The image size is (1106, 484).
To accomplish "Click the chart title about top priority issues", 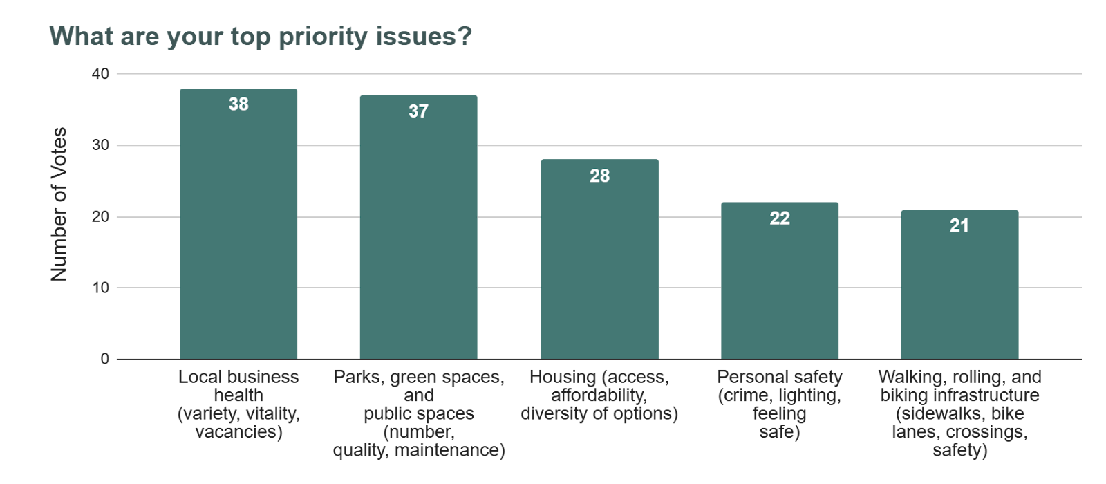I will (x=261, y=36).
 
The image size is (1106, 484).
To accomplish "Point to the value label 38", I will (x=238, y=104).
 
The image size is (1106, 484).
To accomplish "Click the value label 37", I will (x=418, y=111).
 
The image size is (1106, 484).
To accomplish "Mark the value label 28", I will (x=599, y=176).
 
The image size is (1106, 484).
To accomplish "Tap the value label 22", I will (x=780, y=218).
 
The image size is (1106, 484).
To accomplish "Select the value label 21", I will (x=959, y=225).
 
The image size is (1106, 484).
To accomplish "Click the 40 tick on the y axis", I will (x=101, y=74).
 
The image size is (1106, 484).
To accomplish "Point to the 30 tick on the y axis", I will (x=101, y=145).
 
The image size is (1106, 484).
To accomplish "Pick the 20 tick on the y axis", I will (x=101, y=217).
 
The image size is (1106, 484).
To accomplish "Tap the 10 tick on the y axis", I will (x=101, y=288).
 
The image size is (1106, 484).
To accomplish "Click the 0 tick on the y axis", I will (x=105, y=359).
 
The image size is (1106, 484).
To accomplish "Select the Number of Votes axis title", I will (x=59, y=204).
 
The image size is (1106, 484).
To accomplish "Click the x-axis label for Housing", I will (x=599, y=395).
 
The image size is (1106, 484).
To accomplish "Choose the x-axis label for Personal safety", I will (x=780, y=404).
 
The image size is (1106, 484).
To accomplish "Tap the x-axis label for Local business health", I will (x=238, y=404).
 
